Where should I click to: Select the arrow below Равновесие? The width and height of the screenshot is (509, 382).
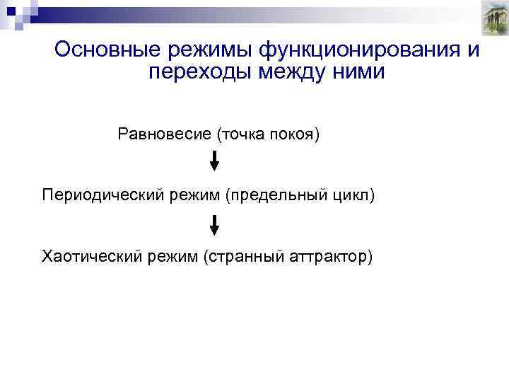click(x=215, y=162)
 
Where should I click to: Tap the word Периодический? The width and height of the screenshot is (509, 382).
click(x=103, y=195)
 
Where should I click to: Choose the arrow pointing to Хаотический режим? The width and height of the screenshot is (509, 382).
click(x=215, y=225)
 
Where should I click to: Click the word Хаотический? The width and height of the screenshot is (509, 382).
click(x=91, y=255)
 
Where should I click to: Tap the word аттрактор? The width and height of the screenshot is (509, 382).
click(x=329, y=255)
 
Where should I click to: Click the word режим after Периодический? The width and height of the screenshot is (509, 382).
click(x=194, y=195)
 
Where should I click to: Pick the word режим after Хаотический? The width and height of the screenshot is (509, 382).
click(x=172, y=255)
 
